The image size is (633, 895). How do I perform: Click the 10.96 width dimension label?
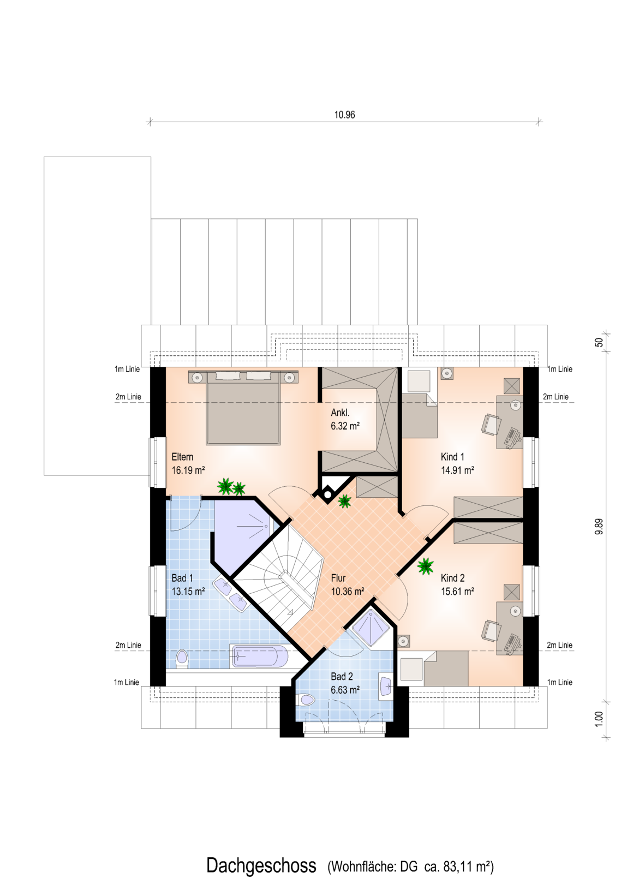point(344,115)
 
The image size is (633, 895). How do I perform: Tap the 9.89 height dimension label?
point(599,526)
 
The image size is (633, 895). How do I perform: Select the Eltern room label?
point(183,457)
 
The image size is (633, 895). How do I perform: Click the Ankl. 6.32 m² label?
point(345,419)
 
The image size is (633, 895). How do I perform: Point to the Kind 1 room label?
point(452,457)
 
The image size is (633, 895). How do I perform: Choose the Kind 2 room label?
point(453,578)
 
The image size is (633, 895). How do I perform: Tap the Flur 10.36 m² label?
point(347,584)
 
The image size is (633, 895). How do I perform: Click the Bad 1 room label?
point(182,578)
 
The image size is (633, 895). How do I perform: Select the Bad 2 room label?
point(342,677)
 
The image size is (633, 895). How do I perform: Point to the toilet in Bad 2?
point(306,699)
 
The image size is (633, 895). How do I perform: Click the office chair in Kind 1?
point(491,423)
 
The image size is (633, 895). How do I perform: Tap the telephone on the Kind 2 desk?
point(513,642)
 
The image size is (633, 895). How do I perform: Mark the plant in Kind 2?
point(425,566)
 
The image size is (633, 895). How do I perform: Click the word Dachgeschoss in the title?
point(261,865)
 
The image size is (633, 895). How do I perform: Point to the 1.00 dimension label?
point(599,719)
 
